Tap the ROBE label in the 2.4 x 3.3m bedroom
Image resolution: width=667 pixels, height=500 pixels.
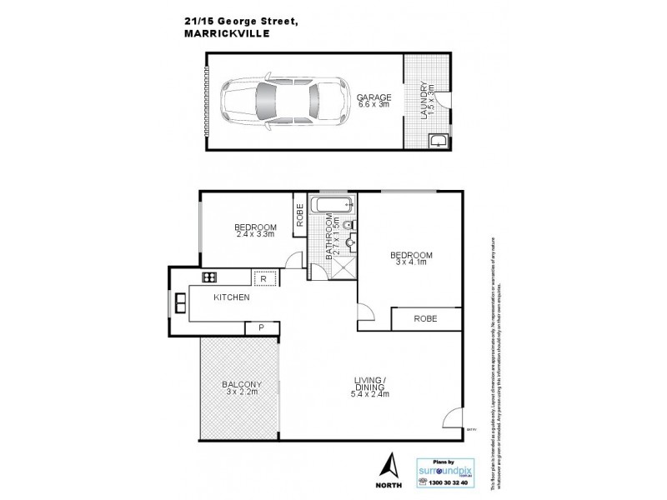point(299,215)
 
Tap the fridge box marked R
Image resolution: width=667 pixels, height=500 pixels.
point(263,279)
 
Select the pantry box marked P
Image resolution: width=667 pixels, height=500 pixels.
point(261,327)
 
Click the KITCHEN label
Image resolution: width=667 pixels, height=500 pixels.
point(232,297)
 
